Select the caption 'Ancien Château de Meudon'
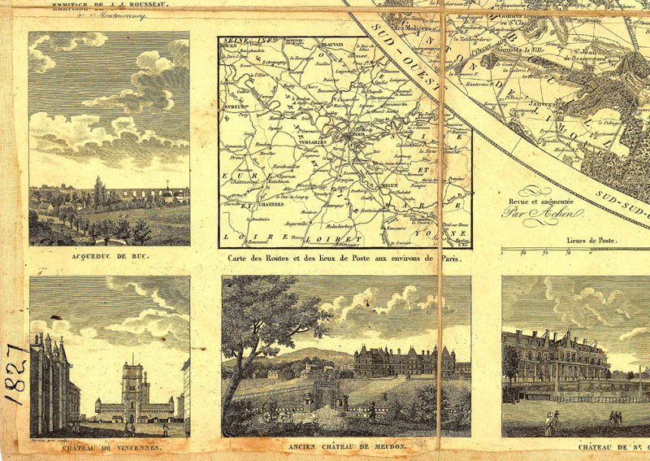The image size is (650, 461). tap(346, 447)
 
